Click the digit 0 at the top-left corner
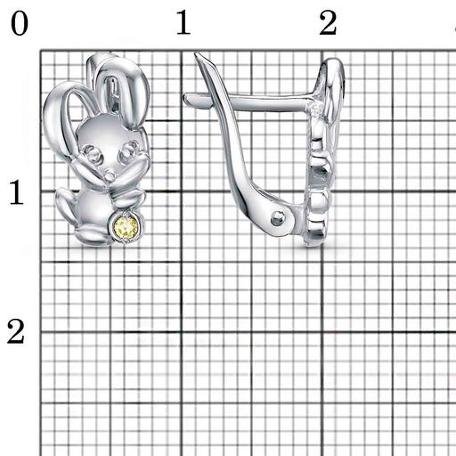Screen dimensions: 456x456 coord(20,23)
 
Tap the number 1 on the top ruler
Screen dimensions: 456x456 coord(183,22)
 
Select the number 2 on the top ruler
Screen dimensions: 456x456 coord(328,23)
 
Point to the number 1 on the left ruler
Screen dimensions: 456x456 coord(17,192)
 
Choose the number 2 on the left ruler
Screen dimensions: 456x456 coord(16,331)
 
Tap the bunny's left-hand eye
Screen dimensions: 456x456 coord(93,153)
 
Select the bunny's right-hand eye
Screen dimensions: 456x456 coord(129,151)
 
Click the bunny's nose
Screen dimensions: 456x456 coord(110,175)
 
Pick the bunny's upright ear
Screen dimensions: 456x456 coord(123,89)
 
